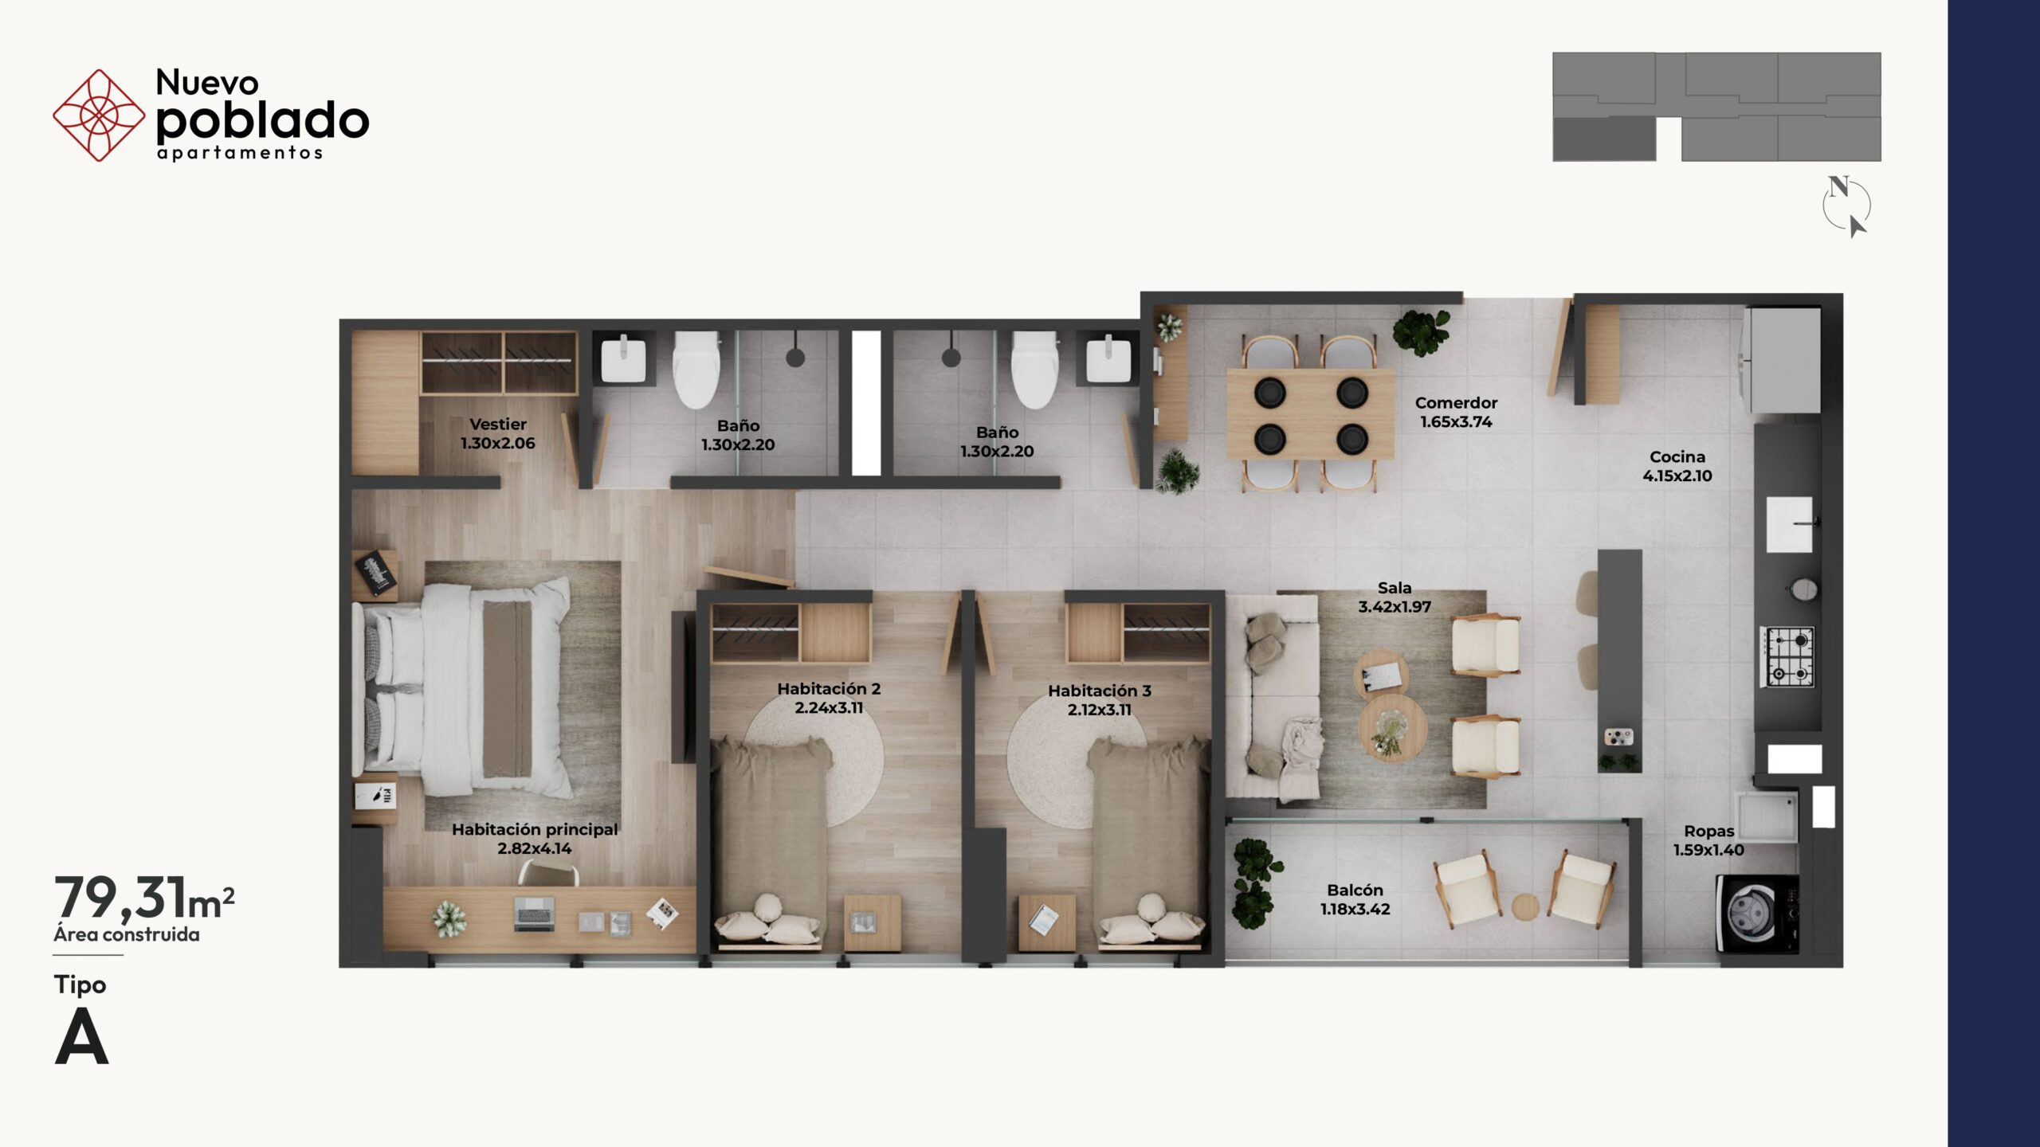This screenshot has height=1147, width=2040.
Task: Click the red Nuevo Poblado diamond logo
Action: [x=99, y=115]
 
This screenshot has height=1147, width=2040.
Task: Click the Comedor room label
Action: [x=1456, y=403]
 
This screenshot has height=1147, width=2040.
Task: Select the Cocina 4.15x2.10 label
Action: [x=1677, y=466]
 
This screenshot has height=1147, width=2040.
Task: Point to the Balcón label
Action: [x=1355, y=891]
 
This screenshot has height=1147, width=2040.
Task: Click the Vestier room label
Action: [x=498, y=425]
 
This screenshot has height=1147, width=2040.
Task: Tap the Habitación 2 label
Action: [x=829, y=689]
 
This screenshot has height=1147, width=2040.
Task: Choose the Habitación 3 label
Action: [x=1100, y=691]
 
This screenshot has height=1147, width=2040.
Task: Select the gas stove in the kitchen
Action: [x=1788, y=657]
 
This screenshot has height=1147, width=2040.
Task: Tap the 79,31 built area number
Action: [x=120, y=898]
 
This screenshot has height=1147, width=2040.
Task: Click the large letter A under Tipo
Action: [x=81, y=1037]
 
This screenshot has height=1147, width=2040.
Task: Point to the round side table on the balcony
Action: [x=1525, y=907]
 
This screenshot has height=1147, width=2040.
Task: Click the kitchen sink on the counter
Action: [x=1790, y=524]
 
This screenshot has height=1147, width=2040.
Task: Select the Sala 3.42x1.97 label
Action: [x=1395, y=597]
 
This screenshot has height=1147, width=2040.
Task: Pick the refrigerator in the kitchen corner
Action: [x=1782, y=360]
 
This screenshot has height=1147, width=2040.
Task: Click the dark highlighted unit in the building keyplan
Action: [x=1605, y=139]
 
